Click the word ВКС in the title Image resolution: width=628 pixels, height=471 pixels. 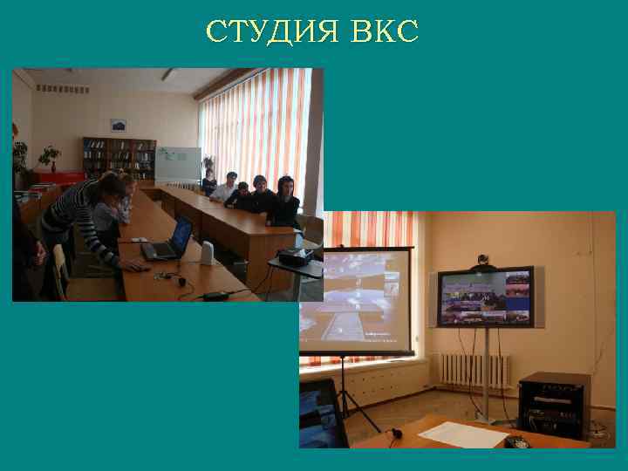coord(385,31)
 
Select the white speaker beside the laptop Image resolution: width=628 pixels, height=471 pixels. coord(207,253)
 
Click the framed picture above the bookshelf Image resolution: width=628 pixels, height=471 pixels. coord(119,126)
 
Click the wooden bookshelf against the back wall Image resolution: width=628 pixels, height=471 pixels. coord(119,158)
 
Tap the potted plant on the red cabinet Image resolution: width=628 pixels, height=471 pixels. coord(49,157)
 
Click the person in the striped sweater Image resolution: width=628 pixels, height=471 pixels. coord(84,214)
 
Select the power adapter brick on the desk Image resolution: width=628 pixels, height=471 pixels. coord(215,294)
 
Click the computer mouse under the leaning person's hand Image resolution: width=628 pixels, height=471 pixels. coord(133,267)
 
